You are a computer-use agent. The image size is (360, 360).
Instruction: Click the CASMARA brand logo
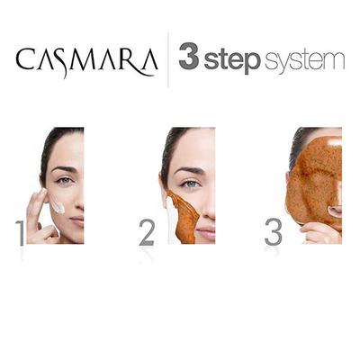point(86,60)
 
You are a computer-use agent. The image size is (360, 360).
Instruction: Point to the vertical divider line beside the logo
point(168,59)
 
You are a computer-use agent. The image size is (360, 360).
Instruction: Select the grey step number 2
point(147,230)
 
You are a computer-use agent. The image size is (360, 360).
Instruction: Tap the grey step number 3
point(272,230)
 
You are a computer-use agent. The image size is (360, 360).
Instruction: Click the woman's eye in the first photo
point(65,181)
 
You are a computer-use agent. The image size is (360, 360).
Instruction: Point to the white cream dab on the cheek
point(58,206)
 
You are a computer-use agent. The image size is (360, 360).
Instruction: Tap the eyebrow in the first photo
point(64,169)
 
